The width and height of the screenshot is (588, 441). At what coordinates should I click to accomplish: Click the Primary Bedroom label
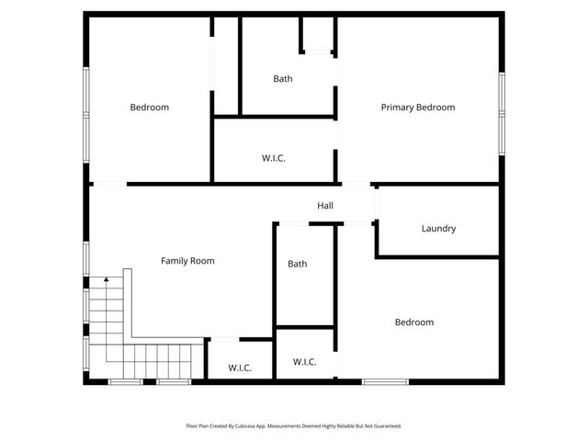[418, 107]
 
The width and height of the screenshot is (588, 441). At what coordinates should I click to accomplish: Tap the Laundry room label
[438, 229]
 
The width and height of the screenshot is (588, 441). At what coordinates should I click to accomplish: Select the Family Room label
[187, 261]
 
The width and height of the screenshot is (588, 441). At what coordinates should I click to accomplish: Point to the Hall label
[325, 206]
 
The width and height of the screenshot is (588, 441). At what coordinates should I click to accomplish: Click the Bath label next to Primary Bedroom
[283, 79]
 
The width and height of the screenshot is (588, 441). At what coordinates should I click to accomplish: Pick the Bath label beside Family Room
[298, 264]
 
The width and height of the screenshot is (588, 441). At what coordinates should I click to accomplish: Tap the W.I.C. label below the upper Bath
[274, 158]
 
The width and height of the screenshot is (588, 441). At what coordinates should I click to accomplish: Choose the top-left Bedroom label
[149, 107]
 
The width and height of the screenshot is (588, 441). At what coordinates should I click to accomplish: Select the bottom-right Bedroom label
[414, 322]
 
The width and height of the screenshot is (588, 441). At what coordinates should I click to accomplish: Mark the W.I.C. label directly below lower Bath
[305, 362]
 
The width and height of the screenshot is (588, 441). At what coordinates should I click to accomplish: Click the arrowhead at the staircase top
[106, 277]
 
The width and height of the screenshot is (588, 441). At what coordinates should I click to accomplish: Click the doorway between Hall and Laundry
[375, 203]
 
